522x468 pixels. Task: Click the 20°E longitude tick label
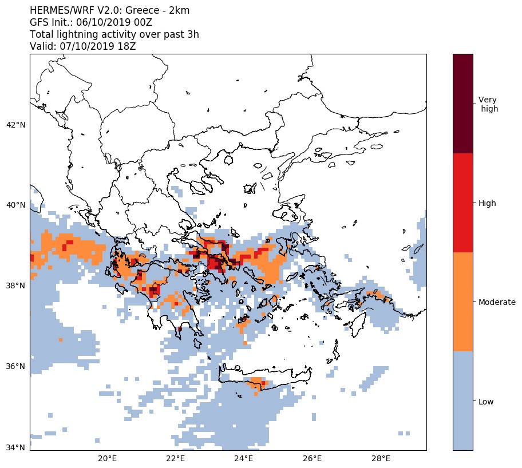108,459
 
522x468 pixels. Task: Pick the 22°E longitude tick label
176,459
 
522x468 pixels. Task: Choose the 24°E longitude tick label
244,459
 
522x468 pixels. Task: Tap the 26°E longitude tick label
313,459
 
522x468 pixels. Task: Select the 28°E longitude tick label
381,459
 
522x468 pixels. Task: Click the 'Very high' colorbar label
488,104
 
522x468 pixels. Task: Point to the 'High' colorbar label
487,203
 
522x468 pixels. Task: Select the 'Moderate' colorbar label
497,302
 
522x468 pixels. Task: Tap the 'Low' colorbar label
486,402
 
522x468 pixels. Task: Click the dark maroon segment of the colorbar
462,104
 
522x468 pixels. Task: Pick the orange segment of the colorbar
462,302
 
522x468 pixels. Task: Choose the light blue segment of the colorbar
462,400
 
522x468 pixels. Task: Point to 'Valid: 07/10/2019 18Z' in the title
82,46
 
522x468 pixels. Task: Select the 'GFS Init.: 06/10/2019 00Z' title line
90,22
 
